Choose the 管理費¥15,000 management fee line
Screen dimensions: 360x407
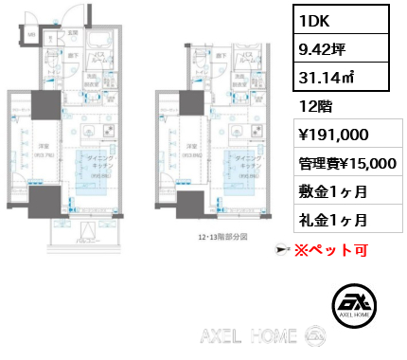pyautogui.click(x=345, y=163)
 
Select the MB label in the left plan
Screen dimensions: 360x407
pyautogui.click(x=28, y=35)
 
